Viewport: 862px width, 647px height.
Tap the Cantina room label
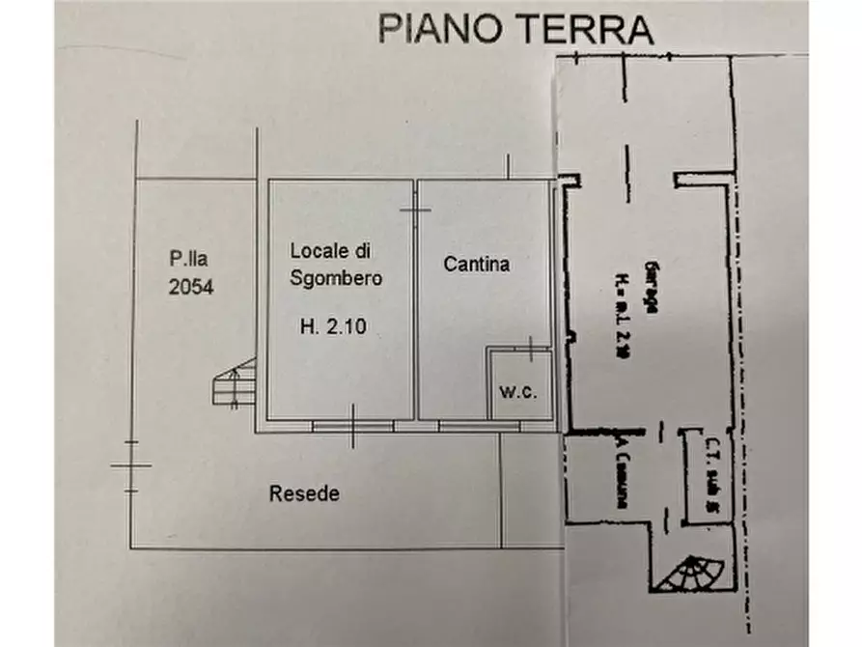click(x=476, y=263)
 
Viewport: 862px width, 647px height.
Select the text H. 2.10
click(x=331, y=326)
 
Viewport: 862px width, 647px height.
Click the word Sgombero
click(x=332, y=278)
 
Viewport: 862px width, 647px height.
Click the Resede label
click(x=304, y=493)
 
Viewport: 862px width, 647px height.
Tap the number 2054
click(x=189, y=287)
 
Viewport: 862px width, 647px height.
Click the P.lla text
click(x=186, y=258)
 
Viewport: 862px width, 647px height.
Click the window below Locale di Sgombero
click(x=352, y=425)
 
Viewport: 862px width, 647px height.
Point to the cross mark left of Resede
click(x=131, y=466)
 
